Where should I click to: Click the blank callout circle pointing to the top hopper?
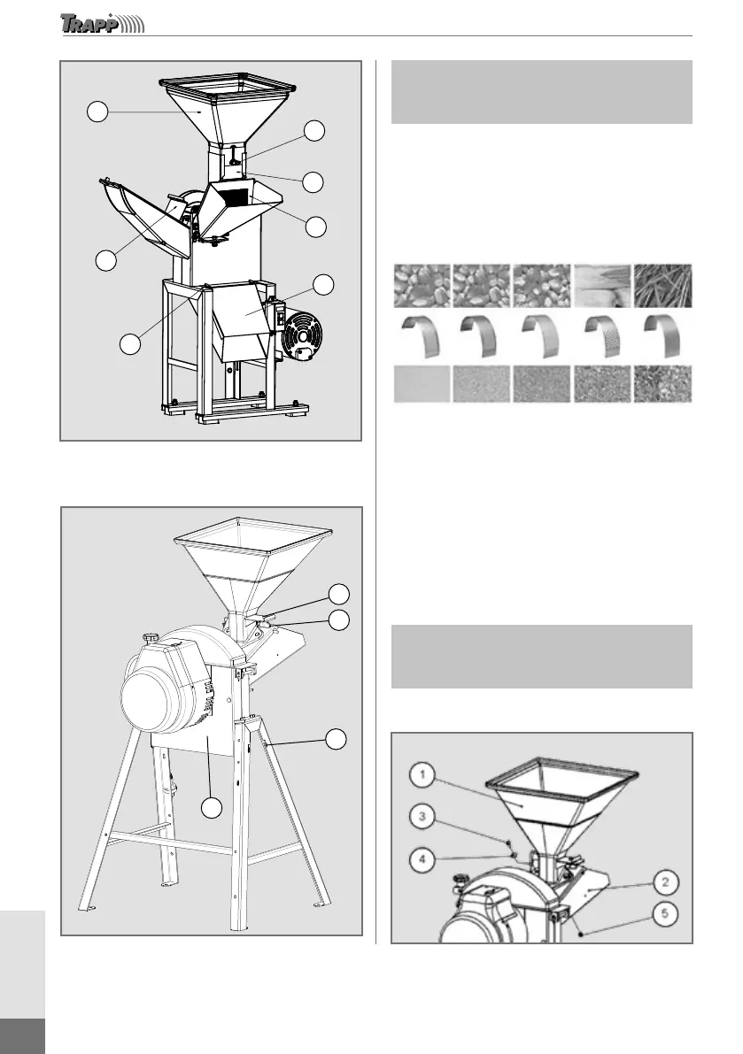[97, 112]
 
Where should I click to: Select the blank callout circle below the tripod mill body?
[210, 807]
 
